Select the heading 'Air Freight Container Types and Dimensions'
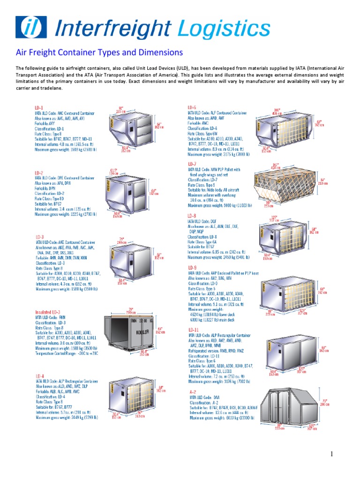[x=99, y=52]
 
